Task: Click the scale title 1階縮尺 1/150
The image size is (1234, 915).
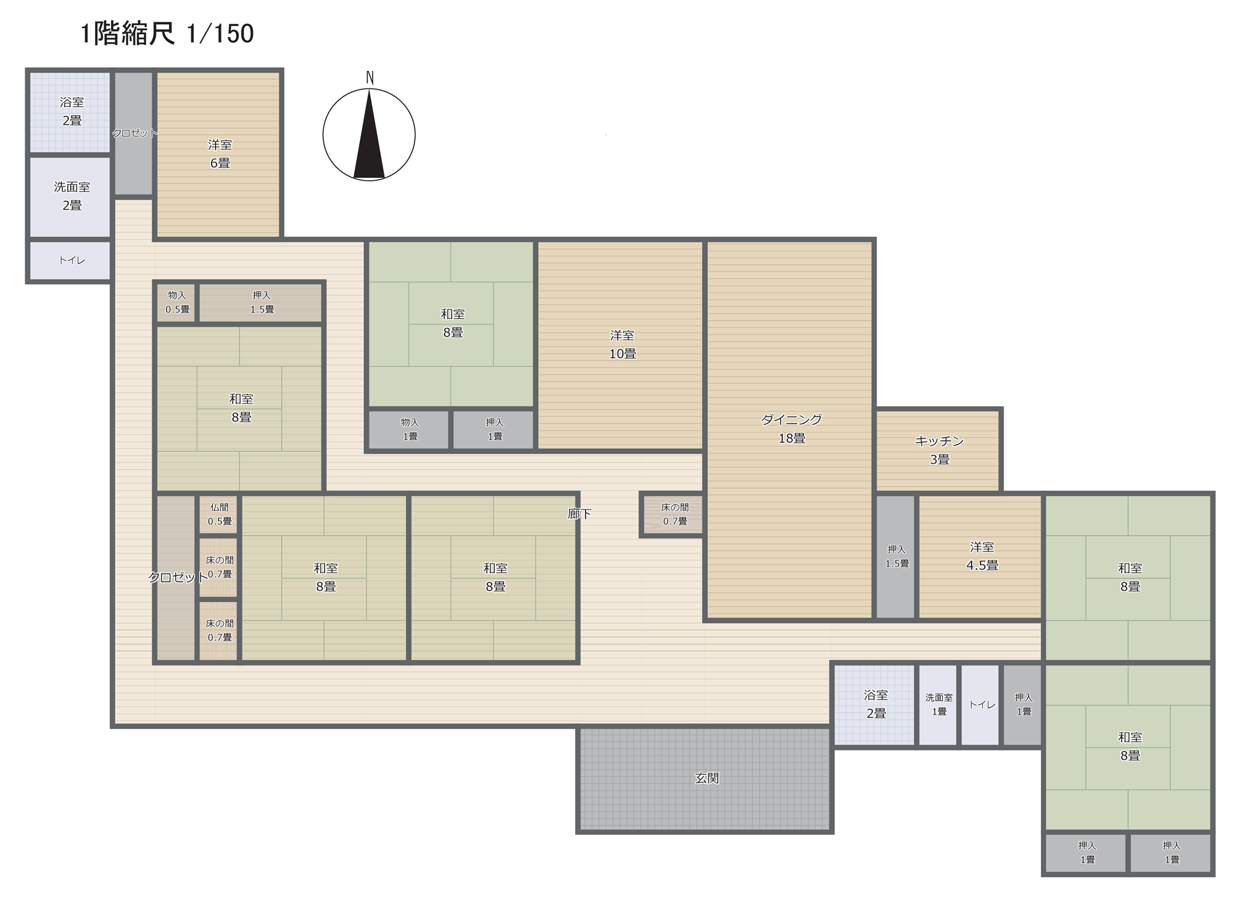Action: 167,33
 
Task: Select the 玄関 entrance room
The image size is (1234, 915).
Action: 705,779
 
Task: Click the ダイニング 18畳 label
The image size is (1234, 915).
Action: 792,428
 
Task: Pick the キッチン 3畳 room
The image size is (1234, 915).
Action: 938,450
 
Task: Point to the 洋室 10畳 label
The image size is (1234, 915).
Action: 622,345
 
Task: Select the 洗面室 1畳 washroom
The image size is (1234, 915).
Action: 938,704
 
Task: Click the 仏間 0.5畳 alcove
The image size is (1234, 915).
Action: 218,514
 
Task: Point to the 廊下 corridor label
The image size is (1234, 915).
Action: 579,514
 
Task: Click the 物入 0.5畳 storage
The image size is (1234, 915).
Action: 176,302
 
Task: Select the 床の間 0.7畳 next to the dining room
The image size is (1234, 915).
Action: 674,514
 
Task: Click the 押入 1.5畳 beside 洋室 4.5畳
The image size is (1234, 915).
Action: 896,556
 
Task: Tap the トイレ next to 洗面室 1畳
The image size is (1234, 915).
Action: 981,704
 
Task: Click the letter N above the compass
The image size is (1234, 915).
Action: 370,78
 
